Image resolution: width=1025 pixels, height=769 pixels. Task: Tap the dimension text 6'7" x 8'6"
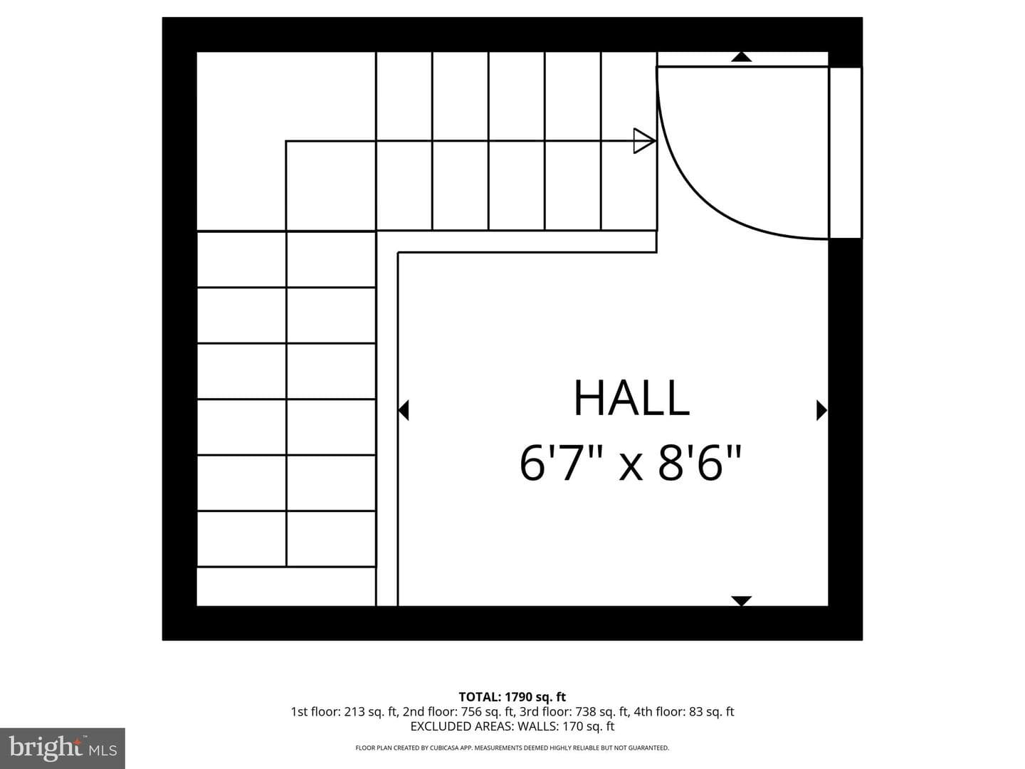tap(630, 463)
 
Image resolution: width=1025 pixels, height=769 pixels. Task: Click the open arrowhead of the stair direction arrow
tap(644, 140)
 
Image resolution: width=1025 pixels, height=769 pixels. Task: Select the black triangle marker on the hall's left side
tap(403, 410)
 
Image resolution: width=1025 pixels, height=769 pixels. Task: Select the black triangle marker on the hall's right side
tap(821, 410)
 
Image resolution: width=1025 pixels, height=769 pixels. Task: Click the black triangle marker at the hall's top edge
tap(741, 57)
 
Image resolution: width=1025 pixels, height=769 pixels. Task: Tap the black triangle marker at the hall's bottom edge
tap(741, 601)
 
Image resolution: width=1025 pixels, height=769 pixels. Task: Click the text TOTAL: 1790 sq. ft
tap(512, 697)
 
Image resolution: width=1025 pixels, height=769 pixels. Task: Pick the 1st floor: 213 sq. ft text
tap(344, 711)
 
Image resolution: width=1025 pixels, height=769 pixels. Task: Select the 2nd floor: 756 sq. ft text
tap(458, 711)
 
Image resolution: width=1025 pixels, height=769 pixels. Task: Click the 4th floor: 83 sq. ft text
tap(683, 711)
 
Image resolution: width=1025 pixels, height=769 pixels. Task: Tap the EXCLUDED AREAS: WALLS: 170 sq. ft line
tap(512, 726)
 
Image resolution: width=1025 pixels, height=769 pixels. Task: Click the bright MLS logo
tap(63, 748)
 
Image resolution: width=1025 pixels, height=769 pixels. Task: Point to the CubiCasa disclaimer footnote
tap(512, 748)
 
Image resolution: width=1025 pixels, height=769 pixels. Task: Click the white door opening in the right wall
tap(846, 152)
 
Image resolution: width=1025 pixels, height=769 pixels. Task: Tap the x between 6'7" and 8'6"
tap(631, 469)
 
